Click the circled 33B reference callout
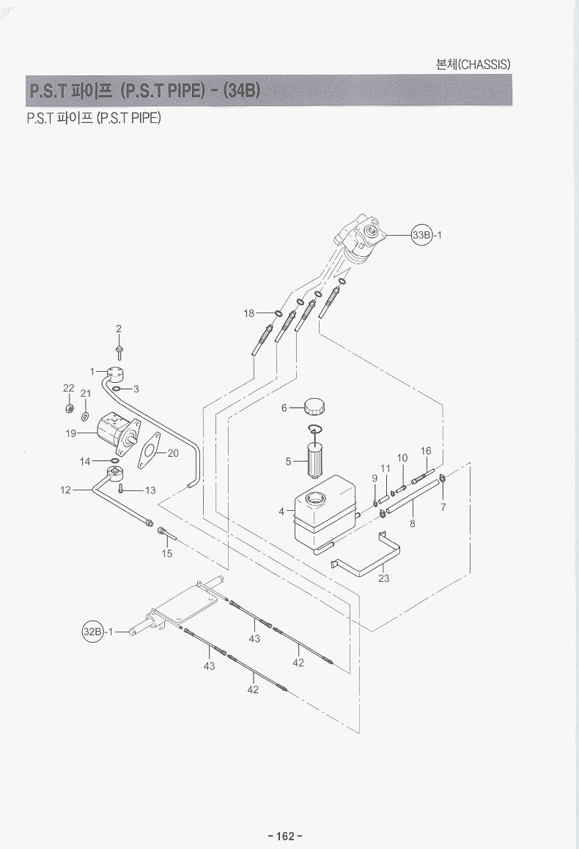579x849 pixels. [423, 235]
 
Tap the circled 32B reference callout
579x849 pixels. [92, 632]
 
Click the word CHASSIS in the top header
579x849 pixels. [483, 64]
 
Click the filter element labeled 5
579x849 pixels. [313, 460]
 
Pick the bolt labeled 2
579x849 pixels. [119, 351]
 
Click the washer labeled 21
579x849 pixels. [86, 416]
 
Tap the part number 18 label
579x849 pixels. [249, 313]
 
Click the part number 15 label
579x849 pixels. [167, 554]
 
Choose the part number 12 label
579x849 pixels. [65, 490]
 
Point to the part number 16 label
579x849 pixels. [426, 451]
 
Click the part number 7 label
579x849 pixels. [443, 506]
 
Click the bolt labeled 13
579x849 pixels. [122, 489]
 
